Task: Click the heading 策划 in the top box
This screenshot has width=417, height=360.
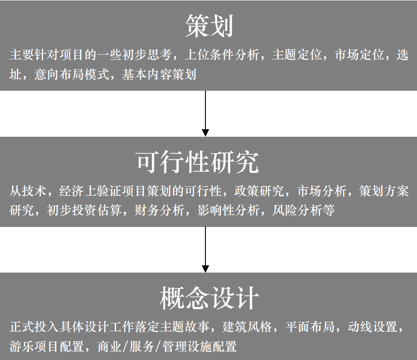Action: (209, 26)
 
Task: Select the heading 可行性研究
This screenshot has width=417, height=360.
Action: (197, 162)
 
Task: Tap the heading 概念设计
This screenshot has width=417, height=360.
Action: (209, 298)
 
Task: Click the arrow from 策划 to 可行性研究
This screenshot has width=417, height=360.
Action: (205, 114)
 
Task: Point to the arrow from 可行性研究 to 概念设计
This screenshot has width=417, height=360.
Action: (205, 250)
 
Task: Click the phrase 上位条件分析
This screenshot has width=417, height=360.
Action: (222, 55)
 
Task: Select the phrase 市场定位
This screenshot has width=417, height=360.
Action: (359, 55)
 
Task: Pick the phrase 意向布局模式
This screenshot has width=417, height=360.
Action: (72, 74)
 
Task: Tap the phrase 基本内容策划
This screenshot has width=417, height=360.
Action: (159, 74)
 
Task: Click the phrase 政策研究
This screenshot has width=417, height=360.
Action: (260, 191)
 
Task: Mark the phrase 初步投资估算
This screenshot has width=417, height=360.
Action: (84, 210)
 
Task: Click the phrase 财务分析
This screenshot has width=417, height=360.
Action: (159, 210)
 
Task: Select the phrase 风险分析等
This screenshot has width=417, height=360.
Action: (303, 210)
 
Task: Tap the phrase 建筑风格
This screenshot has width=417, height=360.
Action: (247, 327)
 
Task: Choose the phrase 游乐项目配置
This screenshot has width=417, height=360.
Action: (47, 346)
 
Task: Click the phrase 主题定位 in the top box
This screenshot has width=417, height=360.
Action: (297, 55)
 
